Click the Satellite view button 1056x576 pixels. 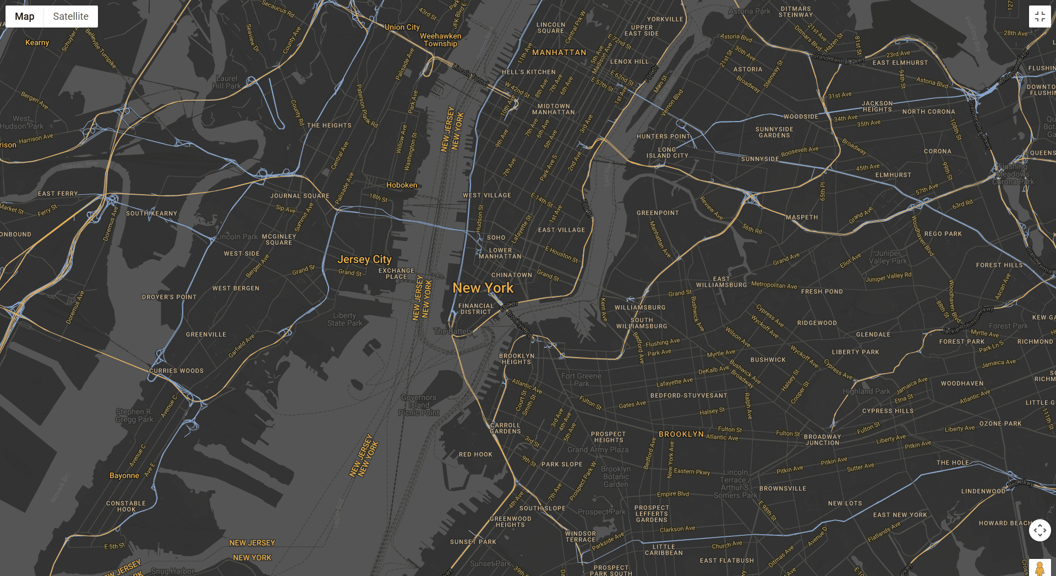coord(70,17)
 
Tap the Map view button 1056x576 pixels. coord(25,17)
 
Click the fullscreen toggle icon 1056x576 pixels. coord(1039,17)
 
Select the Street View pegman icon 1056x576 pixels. coord(1039,568)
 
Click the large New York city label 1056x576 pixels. coord(483,288)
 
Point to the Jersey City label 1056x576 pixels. coord(364,259)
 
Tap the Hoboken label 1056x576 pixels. coord(402,185)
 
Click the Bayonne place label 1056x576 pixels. coord(124,476)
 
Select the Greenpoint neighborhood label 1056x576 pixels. coord(658,213)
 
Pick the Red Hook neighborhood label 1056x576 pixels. coord(475,454)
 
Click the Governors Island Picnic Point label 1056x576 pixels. coord(419,405)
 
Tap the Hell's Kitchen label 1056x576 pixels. coord(528,72)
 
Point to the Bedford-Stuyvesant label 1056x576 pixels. coord(688,396)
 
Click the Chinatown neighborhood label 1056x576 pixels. coord(511,275)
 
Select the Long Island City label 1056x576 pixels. coord(667,152)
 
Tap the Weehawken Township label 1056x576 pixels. coord(440,40)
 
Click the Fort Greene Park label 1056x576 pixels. coord(581,380)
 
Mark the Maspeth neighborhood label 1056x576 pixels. coord(801,217)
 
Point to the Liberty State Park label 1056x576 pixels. coord(344,319)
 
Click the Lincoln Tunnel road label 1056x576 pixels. coord(470,74)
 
